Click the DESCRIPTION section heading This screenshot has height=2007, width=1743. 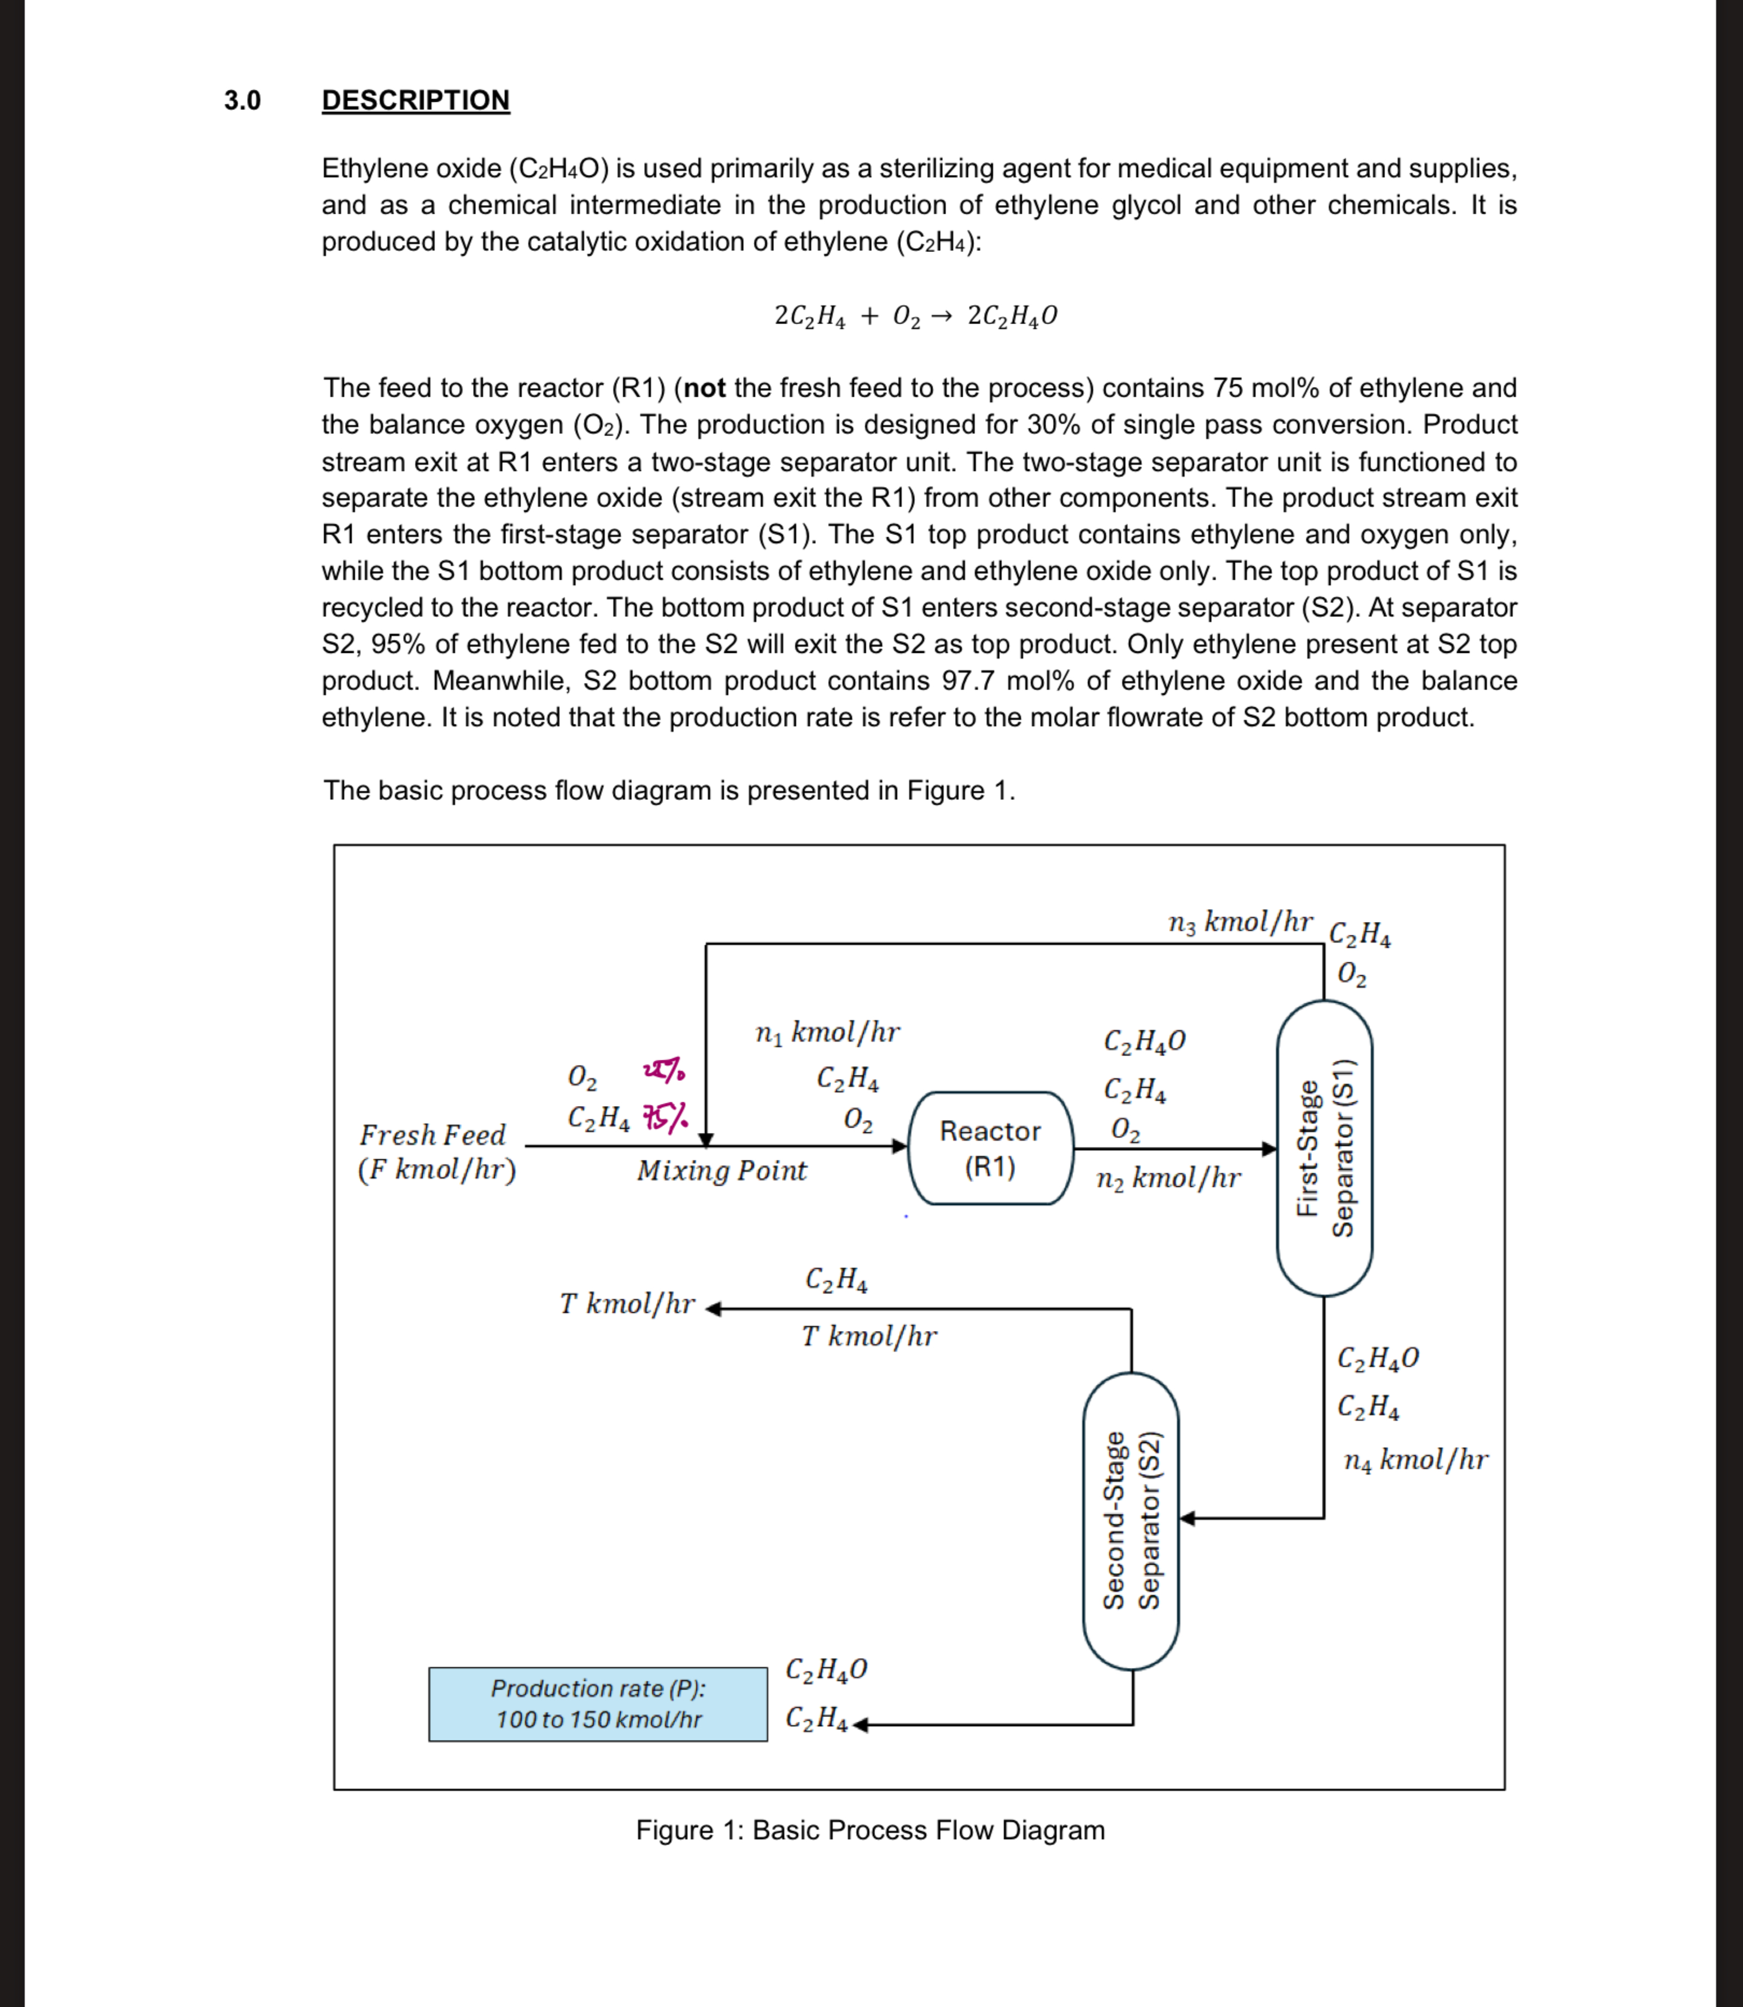(415, 100)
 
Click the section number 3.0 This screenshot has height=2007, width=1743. (242, 100)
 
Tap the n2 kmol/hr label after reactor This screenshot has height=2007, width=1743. (1167, 1178)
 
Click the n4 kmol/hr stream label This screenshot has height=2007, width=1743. (1415, 1459)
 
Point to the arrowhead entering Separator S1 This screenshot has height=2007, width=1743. (1269, 1149)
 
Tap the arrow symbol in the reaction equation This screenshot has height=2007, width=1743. (940, 316)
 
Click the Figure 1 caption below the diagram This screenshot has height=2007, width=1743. (869, 1830)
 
